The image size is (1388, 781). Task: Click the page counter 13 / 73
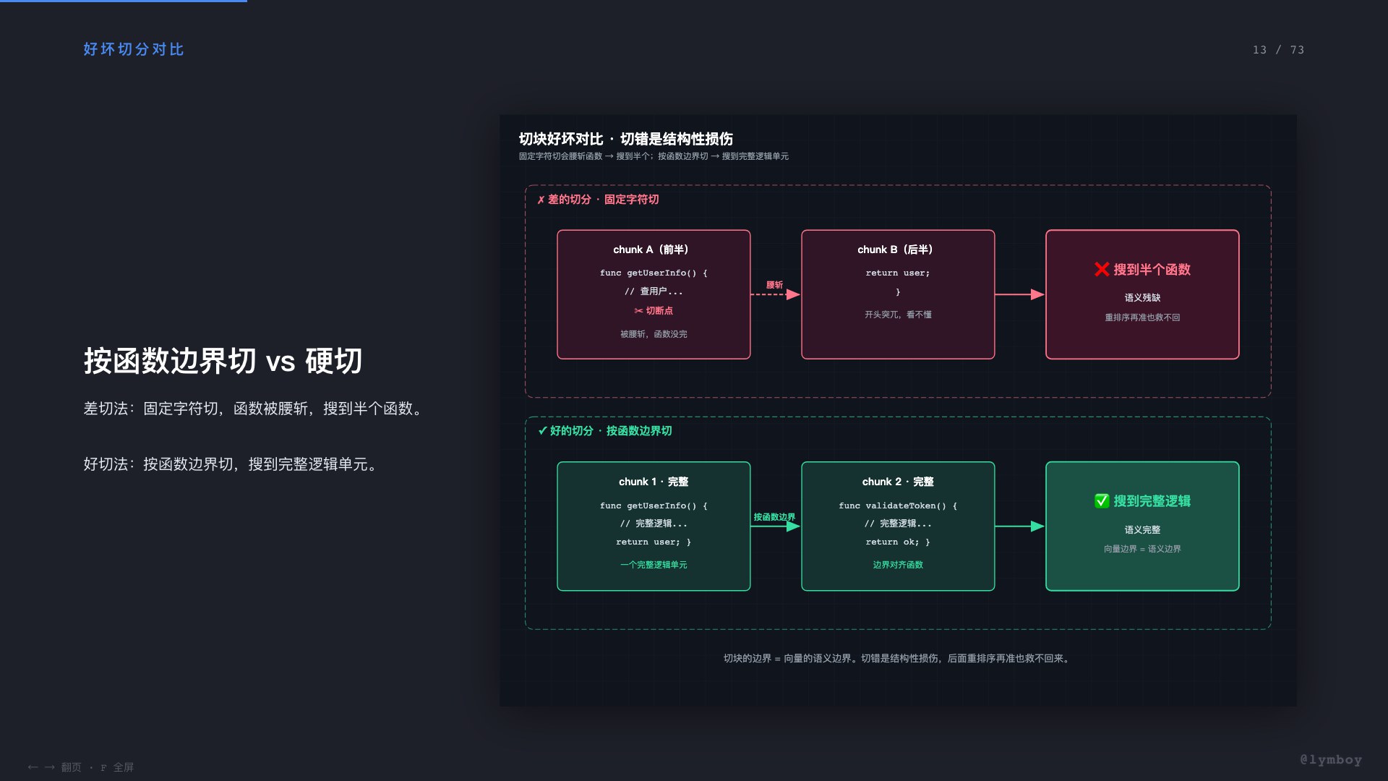(1278, 50)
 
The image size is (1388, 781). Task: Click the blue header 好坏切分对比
(134, 49)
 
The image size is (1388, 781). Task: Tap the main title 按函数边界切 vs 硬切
(223, 361)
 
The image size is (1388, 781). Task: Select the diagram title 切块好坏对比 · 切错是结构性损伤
(626, 139)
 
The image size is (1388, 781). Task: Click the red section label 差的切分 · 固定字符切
(598, 200)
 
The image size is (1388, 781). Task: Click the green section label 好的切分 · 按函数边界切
(605, 431)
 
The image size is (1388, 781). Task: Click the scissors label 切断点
(654, 311)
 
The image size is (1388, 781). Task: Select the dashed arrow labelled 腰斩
(775, 294)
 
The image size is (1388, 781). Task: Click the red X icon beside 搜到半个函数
(1102, 269)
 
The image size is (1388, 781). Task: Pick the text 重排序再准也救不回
(1142, 317)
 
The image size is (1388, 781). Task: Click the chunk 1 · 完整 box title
(654, 482)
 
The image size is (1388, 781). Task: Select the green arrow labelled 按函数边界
(775, 526)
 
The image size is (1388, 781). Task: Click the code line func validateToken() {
(898, 505)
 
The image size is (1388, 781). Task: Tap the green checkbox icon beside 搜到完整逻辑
(1102, 500)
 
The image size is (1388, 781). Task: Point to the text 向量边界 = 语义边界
(1142, 549)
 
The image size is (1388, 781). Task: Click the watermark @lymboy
(1331, 759)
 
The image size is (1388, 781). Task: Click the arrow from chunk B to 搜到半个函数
(1020, 294)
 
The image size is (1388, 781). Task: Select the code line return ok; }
(898, 542)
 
